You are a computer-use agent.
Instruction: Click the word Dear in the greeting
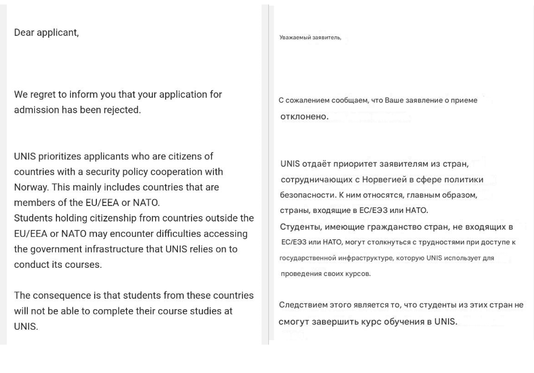point(24,32)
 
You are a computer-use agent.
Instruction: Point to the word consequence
point(61,295)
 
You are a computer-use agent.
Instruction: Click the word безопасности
point(308,195)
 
